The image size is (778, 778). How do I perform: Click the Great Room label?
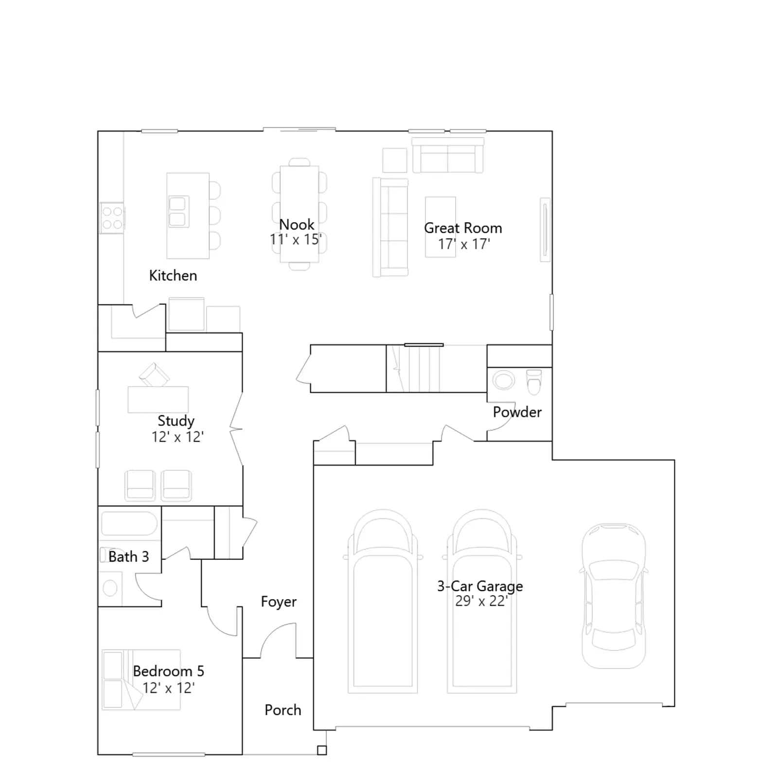click(463, 228)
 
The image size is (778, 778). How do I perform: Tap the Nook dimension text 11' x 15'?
click(296, 240)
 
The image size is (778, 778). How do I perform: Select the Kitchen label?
click(173, 276)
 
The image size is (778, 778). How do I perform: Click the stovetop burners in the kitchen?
click(112, 218)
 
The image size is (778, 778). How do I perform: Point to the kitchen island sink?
click(177, 212)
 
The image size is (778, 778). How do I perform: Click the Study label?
click(176, 421)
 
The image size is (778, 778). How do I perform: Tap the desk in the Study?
click(158, 399)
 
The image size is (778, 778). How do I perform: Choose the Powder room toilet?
click(534, 382)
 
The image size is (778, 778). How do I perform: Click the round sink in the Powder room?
click(504, 380)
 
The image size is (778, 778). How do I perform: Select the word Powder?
click(517, 412)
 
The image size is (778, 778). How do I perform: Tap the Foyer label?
click(279, 602)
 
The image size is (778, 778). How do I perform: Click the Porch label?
click(283, 710)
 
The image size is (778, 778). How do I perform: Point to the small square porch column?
click(322, 750)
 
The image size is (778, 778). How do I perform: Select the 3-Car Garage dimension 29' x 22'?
click(481, 601)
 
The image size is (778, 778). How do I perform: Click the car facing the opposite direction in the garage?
click(614, 596)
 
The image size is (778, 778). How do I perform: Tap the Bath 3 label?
click(129, 557)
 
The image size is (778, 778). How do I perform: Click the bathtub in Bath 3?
click(129, 524)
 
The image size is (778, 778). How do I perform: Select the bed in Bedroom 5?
click(141, 680)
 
